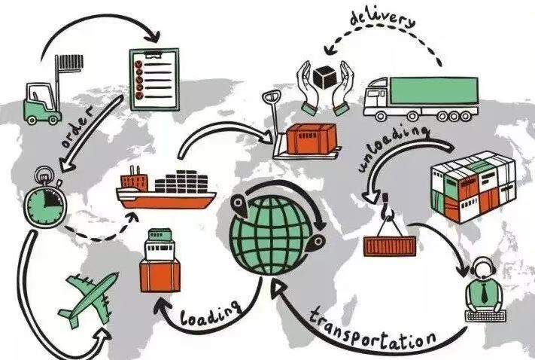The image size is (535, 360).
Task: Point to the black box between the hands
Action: tap(325, 76)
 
